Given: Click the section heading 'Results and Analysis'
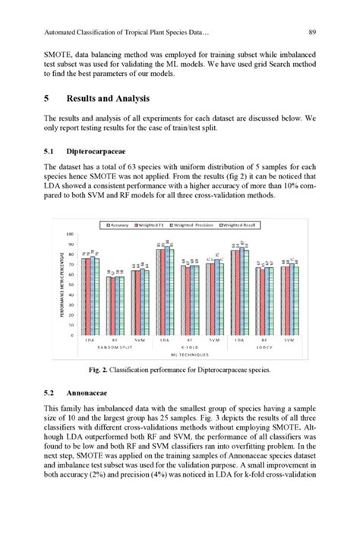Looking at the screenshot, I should tap(109, 99).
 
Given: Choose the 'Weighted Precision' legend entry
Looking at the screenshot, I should tap(191, 225).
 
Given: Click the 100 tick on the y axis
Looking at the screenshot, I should tap(69, 235).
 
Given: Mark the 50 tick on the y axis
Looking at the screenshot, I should tap(71, 285).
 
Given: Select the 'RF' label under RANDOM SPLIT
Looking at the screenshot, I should tap(115, 341).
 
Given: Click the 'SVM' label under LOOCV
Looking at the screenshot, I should tap(289, 341).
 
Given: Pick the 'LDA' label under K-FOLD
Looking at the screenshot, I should tap(164, 341).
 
